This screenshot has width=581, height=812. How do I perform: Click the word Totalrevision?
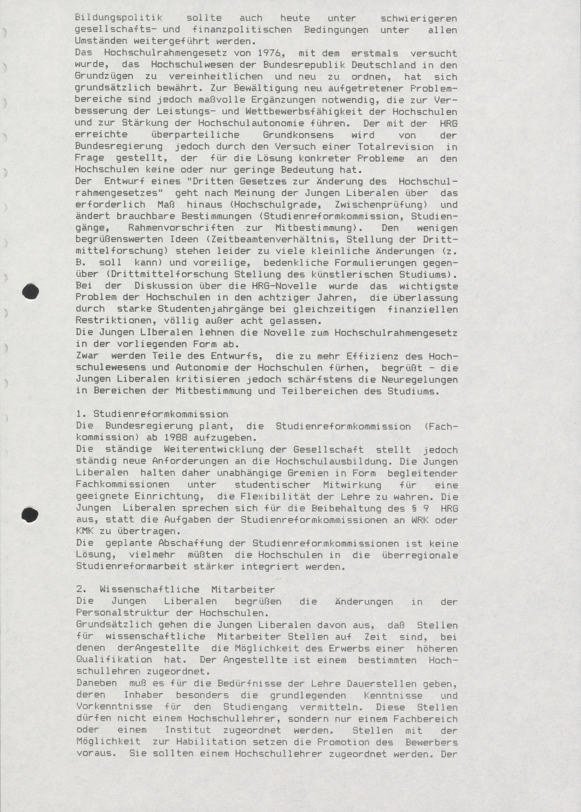(x=395, y=146)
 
